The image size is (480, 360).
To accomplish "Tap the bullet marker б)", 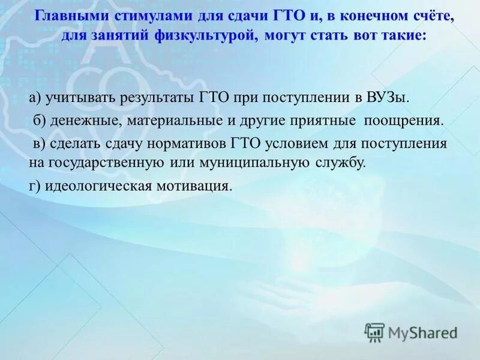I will (x=39, y=120).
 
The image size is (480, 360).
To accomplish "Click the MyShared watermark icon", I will (x=374, y=332).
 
